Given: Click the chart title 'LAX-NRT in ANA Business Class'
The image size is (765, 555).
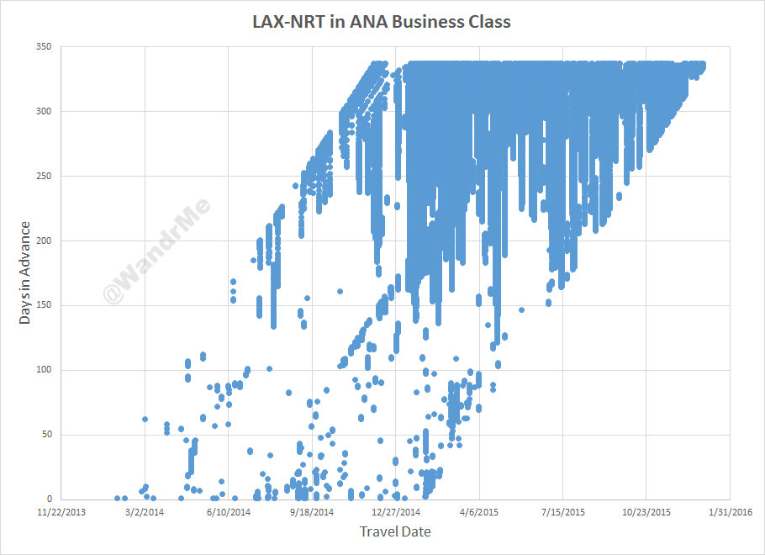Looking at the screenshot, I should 382,22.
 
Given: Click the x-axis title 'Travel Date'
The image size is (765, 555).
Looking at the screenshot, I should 395,531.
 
